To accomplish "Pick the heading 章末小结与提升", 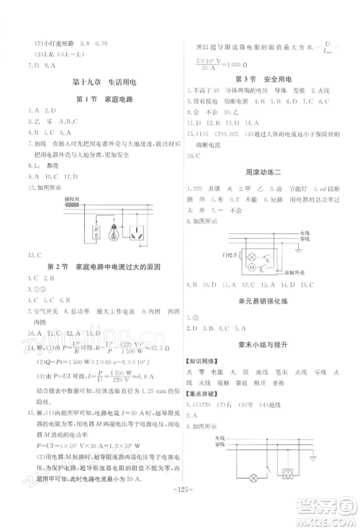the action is [271, 345].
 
